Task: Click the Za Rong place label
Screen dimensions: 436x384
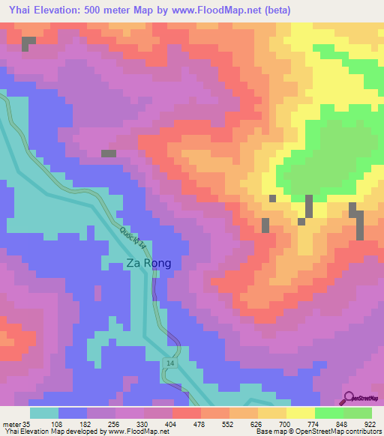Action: (148, 263)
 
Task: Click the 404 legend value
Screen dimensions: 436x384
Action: (172, 423)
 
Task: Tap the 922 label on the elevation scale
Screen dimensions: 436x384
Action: (370, 423)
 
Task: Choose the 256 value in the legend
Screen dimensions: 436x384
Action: (115, 423)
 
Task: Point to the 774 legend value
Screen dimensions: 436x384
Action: (314, 423)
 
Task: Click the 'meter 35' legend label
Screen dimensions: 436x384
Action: (14, 423)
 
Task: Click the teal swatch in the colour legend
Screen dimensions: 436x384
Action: (44, 413)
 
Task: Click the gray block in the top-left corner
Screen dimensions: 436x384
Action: (28, 43)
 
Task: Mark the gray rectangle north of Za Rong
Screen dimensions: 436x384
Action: (109, 154)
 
